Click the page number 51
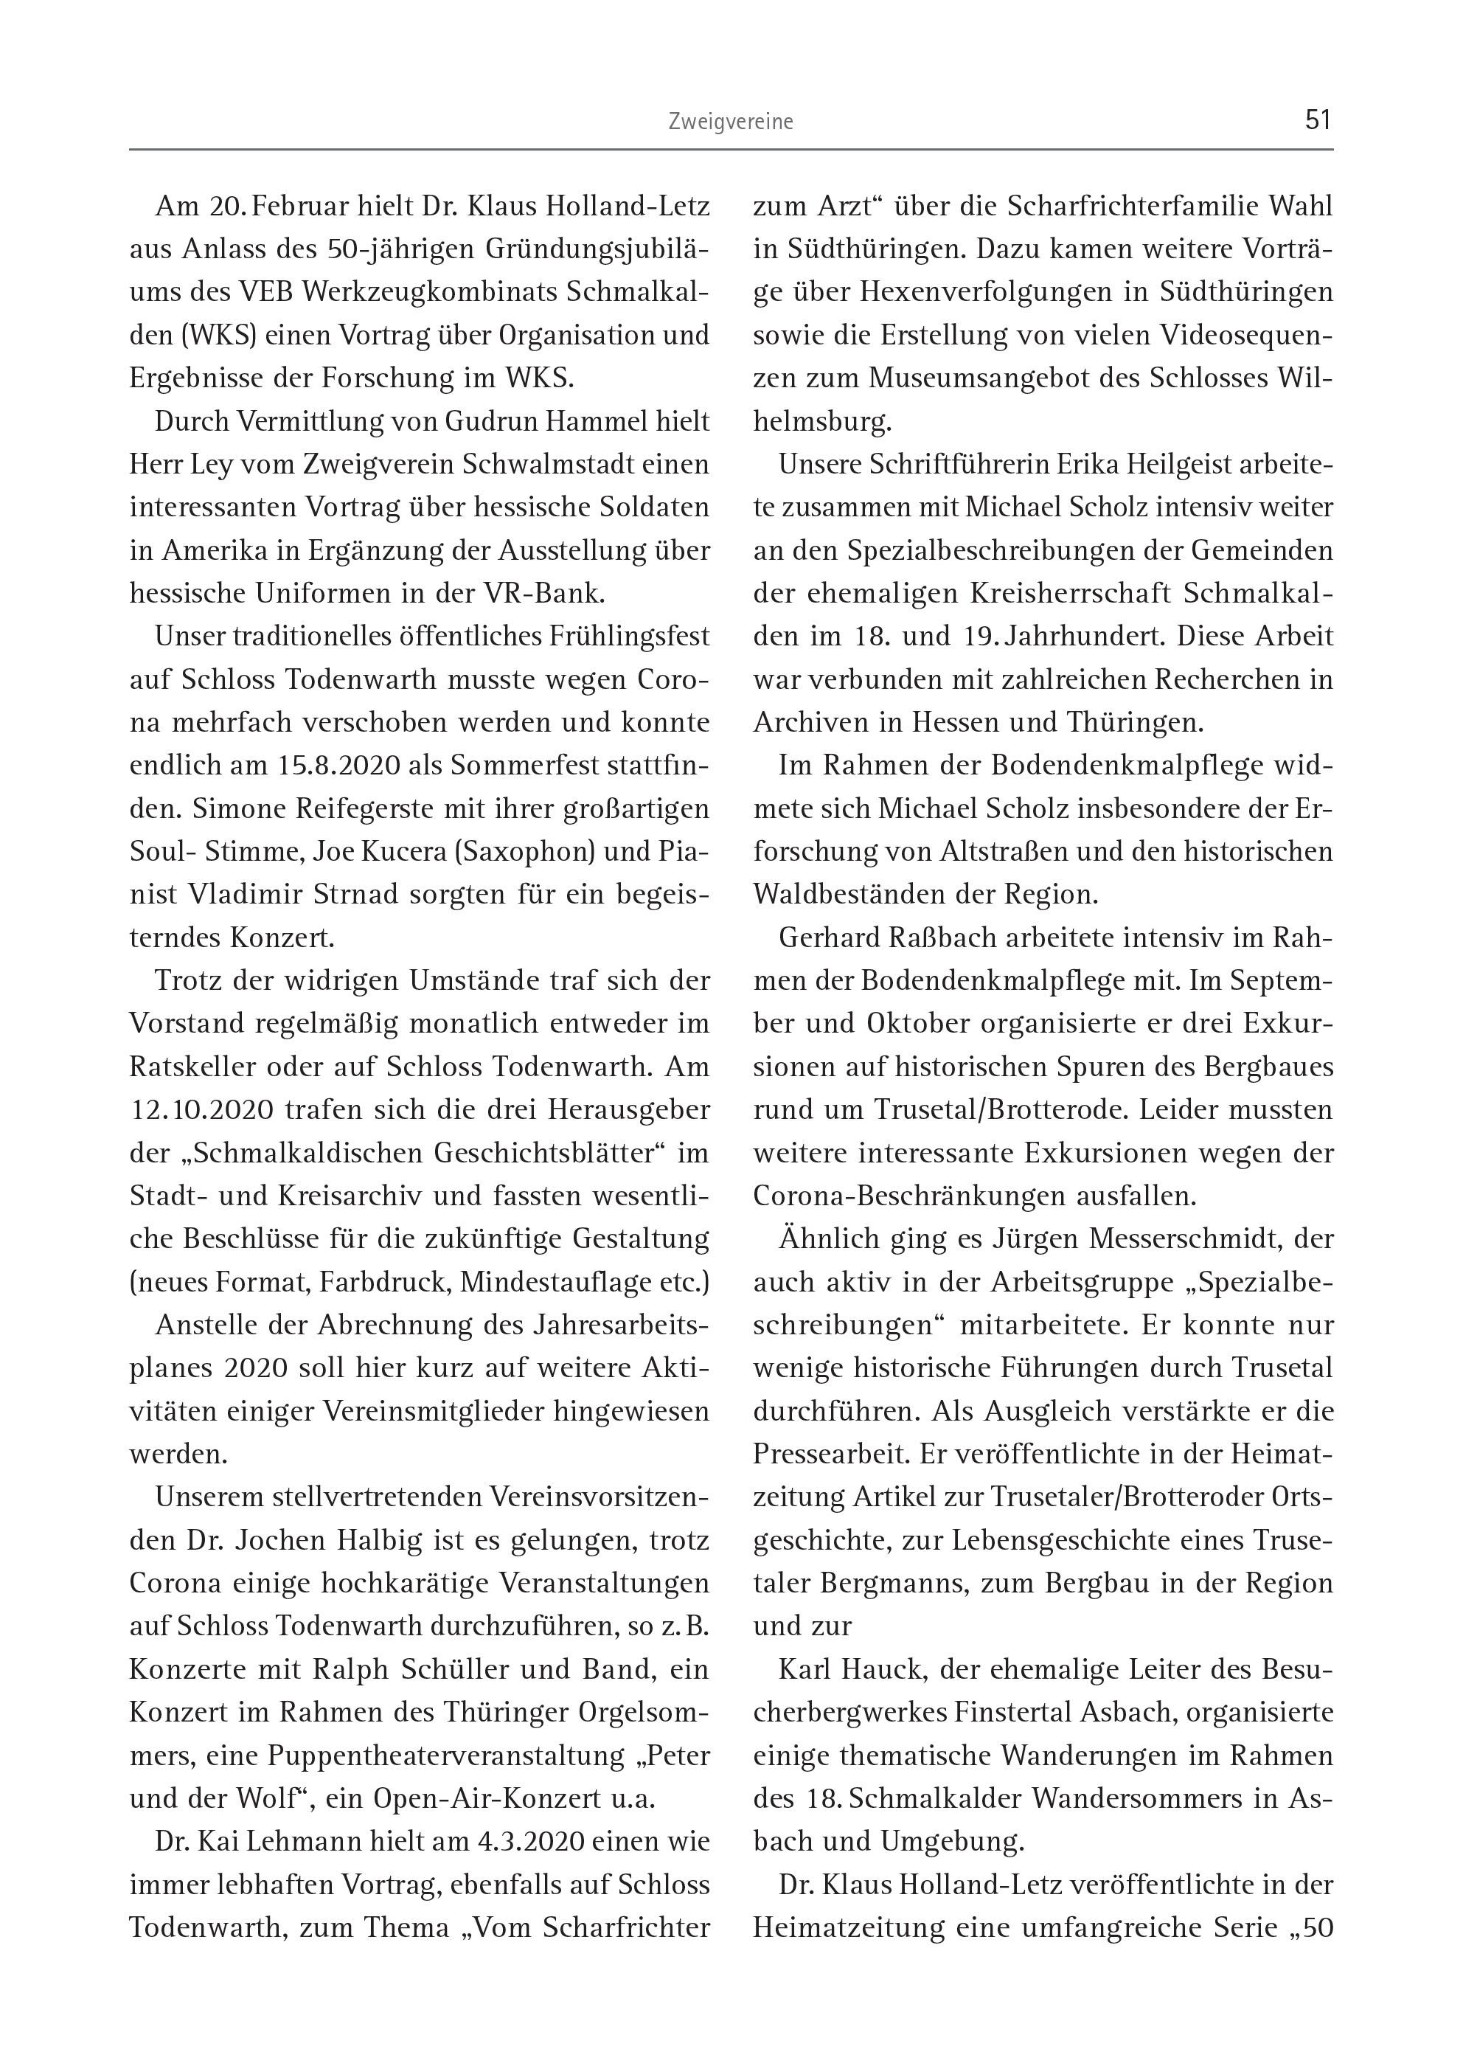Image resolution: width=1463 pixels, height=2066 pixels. pyautogui.click(x=1317, y=119)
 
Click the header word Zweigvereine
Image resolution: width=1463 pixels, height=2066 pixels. pyautogui.click(x=731, y=122)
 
